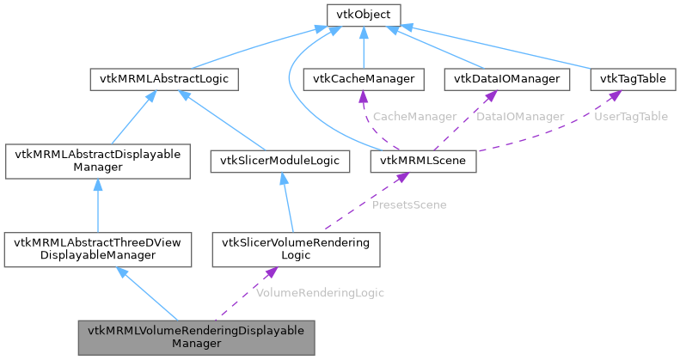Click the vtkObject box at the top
[x=364, y=15]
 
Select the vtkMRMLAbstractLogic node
[x=164, y=80]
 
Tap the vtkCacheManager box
[x=364, y=80]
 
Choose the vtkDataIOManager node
[x=506, y=80]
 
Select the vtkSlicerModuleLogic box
[x=281, y=161]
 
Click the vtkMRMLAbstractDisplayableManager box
[x=97, y=161]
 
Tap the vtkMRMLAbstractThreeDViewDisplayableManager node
[x=97, y=249]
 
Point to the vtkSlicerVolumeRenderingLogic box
[x=295, y=249]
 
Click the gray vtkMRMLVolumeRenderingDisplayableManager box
[x=195, y=337]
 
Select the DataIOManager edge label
[x=520, y=117]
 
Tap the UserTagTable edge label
[x=631, y=117]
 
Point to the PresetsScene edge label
[x=408, y=204]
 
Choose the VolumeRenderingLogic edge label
[x=320, y=293]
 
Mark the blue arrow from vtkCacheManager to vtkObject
[x=364, y=48]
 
